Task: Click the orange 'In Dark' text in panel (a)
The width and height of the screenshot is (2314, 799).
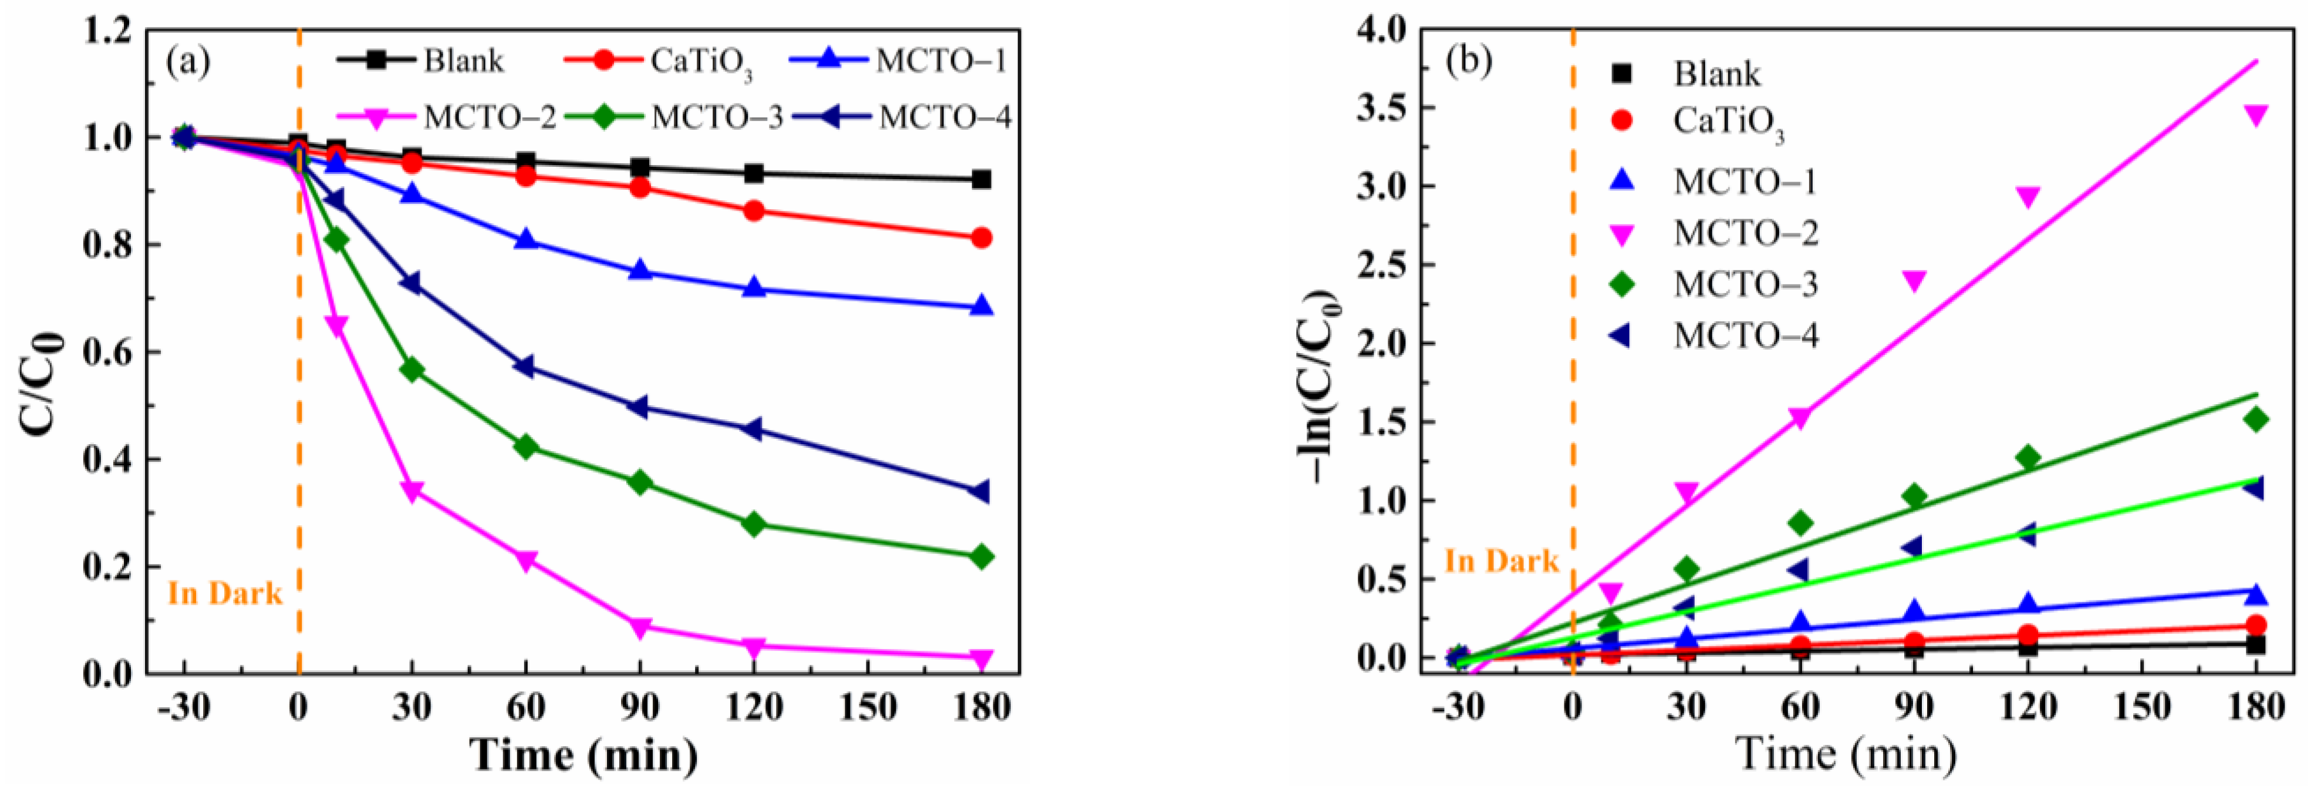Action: [x=225, y=593]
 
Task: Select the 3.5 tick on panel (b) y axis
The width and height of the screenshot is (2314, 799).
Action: [x=1386, y=108]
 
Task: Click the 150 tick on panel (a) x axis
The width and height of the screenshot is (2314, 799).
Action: [x=868, y=708]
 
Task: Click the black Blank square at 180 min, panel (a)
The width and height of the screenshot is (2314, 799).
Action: [x=982, y=180]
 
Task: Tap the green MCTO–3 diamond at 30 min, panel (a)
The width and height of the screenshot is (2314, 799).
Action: [x=412, y=370]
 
